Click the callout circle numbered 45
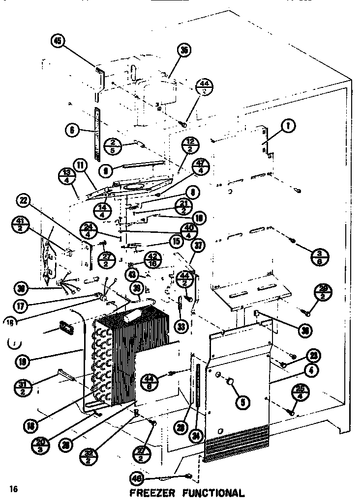(x=58, y=41)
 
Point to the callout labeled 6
(x=72, y=130)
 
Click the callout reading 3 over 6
(x=318, y=256)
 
